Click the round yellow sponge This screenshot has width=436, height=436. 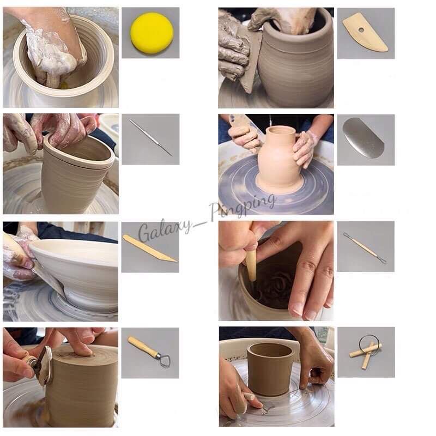coord(152,33)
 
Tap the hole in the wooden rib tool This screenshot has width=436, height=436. coord(361,29)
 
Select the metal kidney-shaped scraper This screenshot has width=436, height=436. coord(363,138)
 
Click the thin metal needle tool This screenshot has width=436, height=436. coord(151,138)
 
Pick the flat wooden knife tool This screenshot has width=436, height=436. coord(149,249)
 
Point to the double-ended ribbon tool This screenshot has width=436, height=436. coord(365,248)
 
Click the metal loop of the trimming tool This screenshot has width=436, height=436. coord(164,360)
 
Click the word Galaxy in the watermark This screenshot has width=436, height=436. coord(166,229)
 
